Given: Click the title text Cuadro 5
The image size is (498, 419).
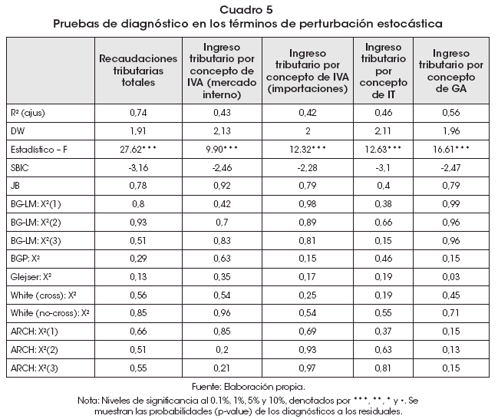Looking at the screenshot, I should pos(249,9).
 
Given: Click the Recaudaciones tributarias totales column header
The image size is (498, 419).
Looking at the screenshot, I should pos(138,70).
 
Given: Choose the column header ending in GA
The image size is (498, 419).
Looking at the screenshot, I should pos(450,70).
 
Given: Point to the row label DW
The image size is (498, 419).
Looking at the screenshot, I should pos(18,130).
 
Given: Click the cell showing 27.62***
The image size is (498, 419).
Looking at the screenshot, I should pos(138,148).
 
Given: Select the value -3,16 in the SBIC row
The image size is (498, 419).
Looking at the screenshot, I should pos(138,167).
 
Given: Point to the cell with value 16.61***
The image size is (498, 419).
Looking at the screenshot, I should pos(450,148).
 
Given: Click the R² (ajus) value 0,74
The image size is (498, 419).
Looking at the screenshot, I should pos(138,112).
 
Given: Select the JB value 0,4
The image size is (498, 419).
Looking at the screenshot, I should pos(384,185).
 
